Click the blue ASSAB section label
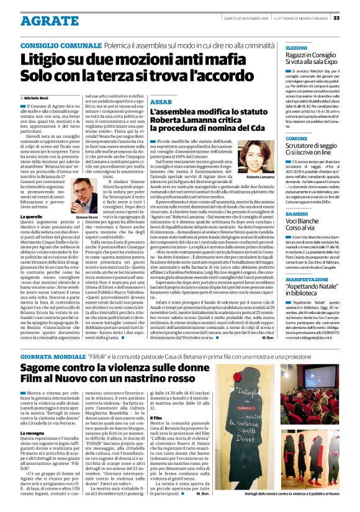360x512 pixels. (161, 101)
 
